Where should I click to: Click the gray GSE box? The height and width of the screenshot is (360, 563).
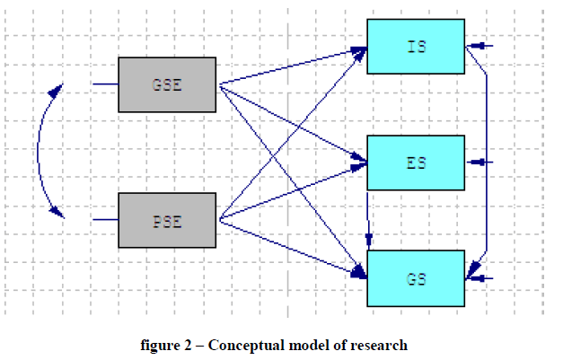(167, 84)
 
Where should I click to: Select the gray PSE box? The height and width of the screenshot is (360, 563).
(167, 220)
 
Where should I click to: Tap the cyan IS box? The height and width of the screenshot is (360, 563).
(416, 46)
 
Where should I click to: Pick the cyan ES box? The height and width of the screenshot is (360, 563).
(416, 162)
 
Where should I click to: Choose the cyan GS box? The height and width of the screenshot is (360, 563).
(416, 278)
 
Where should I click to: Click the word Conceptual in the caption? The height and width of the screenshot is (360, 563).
(237, 345)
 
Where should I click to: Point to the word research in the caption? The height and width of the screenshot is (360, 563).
(380, 345)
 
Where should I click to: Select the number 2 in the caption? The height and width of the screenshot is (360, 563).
(187, 345)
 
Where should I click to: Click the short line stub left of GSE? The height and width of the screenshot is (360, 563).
(105, 84)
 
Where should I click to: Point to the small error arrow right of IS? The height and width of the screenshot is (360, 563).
(481, 46)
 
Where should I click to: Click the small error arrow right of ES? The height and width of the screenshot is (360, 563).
(481, 162)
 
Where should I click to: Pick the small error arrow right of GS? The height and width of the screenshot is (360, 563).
(481, 278)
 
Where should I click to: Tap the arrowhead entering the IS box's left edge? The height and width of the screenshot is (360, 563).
(361, 50)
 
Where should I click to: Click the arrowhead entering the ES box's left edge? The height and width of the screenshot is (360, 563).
(361, 162)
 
